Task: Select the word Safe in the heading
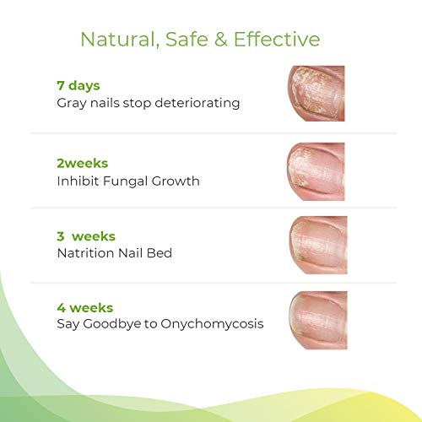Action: (183, 39)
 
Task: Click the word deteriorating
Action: (200, 104)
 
